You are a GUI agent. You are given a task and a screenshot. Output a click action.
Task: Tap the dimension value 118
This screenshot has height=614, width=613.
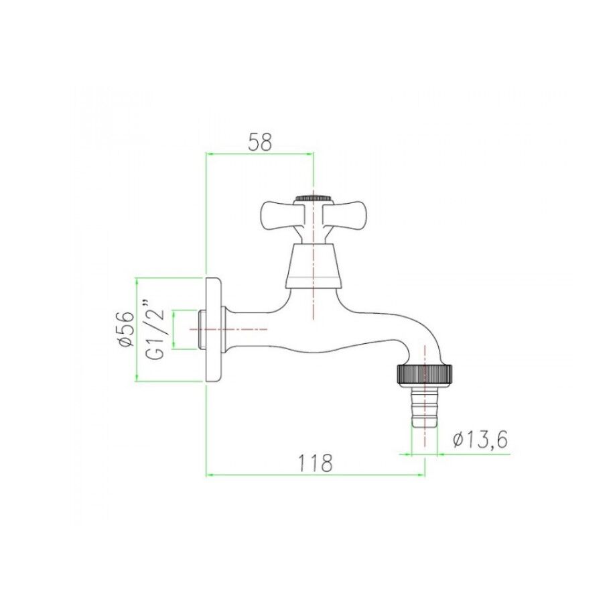click(316, 463)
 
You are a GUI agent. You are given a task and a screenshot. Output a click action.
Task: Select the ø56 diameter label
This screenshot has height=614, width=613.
click(125, 329)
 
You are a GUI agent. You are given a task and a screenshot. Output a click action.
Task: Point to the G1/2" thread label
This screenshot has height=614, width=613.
click(156, 329)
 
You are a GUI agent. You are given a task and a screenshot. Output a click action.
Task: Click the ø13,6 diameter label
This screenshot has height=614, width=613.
click(480, 441)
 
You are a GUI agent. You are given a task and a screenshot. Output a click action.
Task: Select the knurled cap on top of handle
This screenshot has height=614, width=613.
click(313, 198)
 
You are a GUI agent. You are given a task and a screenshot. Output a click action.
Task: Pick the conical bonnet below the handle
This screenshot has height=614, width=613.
click(312, 266)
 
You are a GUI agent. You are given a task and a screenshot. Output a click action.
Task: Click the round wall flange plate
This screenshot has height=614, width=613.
click(214, 329)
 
